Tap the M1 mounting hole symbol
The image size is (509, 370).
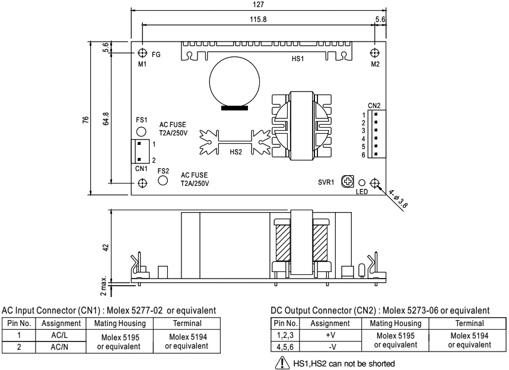tap(142, 52)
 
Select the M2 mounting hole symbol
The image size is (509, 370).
tap(374, 52)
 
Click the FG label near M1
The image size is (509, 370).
tap(156, 53)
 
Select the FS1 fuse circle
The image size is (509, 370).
tap(141, 131)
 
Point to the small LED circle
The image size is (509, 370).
tap(361, 183)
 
